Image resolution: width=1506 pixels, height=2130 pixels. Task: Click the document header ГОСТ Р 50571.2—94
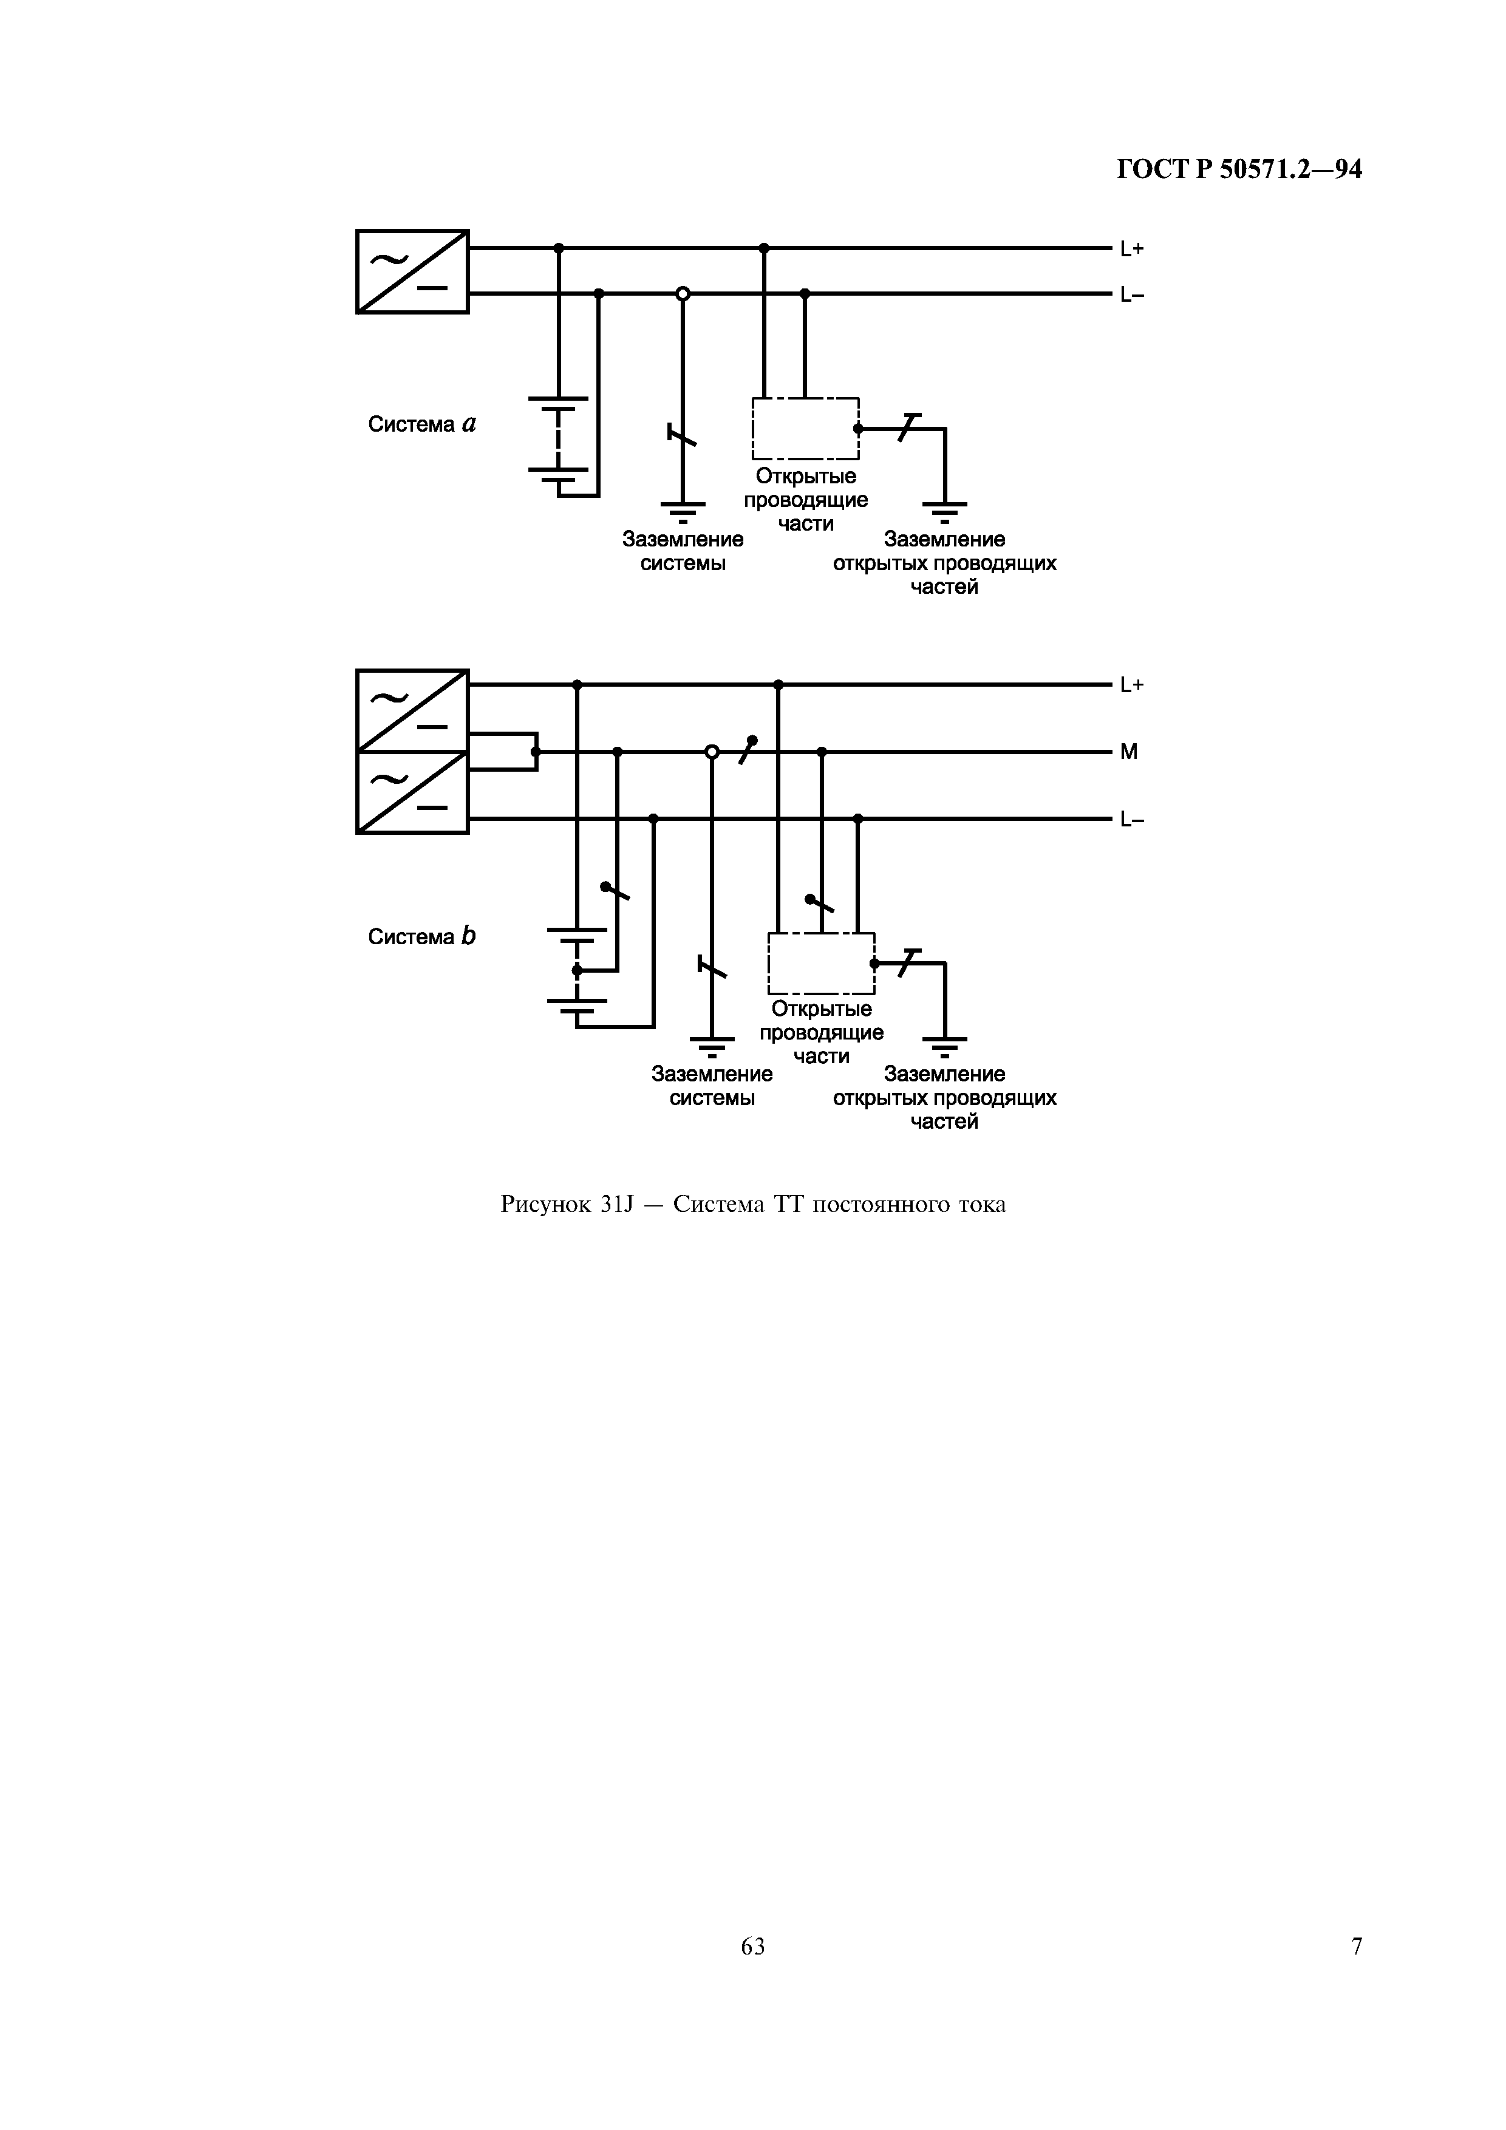point(1239,170)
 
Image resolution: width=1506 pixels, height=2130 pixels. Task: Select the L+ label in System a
point(1131,248)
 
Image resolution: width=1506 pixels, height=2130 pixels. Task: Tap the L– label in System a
point(1131,295)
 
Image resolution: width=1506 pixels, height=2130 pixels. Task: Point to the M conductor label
point(1128,752)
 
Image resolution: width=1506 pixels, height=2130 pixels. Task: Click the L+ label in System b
point(1131,686)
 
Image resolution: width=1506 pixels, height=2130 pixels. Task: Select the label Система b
point(421,937)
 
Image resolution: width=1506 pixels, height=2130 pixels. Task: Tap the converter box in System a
point(412,272)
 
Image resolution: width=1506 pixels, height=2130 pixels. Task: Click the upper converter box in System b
point(412,710)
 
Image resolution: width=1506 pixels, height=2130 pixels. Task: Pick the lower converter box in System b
point(412,792)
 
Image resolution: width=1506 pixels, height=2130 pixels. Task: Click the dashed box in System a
point(805,429)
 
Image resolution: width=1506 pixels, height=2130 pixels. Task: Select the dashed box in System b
point(821,963)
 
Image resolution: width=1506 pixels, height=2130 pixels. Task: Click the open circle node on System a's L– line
point(683,294)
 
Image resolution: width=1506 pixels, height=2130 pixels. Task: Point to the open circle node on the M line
point(712,752)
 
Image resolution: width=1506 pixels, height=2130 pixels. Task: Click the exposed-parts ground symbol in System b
point(945,1046)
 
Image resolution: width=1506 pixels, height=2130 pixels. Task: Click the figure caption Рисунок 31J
point(752,1205)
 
